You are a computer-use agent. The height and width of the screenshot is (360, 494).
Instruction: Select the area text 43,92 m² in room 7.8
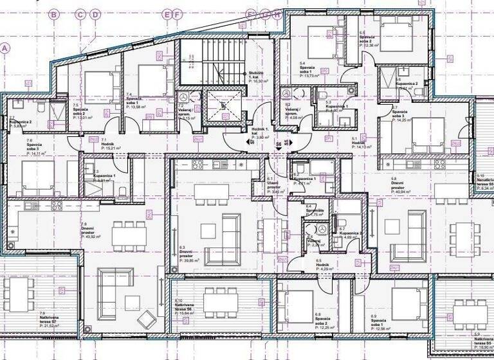coord(89,237)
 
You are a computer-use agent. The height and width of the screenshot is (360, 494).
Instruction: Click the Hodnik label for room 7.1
coord(107,143)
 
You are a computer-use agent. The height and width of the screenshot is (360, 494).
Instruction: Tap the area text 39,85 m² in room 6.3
coord(190,261)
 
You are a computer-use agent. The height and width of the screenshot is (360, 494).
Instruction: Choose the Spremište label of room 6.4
coord(315,211)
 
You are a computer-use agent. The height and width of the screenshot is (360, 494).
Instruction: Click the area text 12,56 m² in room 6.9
coord(380,326)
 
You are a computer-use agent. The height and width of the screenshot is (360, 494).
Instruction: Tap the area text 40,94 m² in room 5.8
coord(403,192)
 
